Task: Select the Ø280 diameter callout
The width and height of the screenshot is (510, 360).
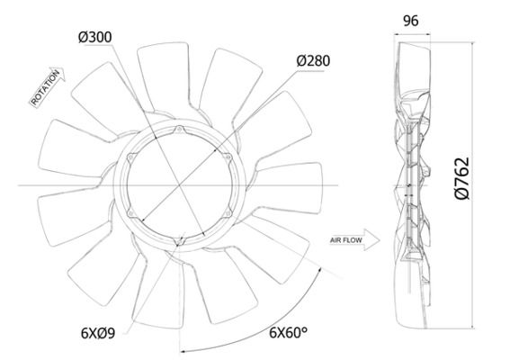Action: (x=312, y=61)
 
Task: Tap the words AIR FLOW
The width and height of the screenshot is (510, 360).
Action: (x=345, y=240)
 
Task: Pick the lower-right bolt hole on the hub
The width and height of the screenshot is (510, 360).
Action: (x=227, y=213)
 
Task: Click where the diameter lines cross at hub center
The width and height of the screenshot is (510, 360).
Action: (x=180, y=185)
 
